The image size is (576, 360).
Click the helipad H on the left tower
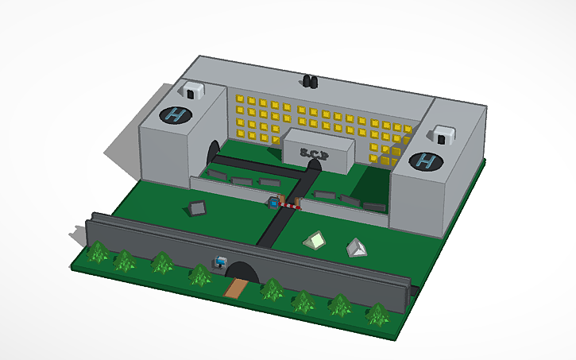(x=176, y=114)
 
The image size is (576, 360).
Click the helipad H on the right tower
(x=427, y=163)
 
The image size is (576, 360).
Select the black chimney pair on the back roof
(x=310, y=81)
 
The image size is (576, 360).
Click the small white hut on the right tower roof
(x=442, y=136)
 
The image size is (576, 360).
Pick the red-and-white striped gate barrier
(x=292, y=206)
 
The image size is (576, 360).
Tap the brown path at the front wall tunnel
(x=234, y=287)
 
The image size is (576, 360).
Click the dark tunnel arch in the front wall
(x=242, y=271)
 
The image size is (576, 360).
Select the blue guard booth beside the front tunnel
(x=220, y=261)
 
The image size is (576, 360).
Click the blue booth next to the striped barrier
(x=274, y=203)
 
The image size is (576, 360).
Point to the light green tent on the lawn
(x=316, y=240)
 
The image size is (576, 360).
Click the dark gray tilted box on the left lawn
(x=197, y=208)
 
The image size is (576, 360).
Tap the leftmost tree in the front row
(x=99, y=254)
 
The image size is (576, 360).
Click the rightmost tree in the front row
(x=377, y=315)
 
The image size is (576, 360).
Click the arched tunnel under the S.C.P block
(x=315, y=165)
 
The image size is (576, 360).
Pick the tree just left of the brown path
(x=200, y=276)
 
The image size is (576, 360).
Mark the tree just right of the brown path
(x=273, y=290)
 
